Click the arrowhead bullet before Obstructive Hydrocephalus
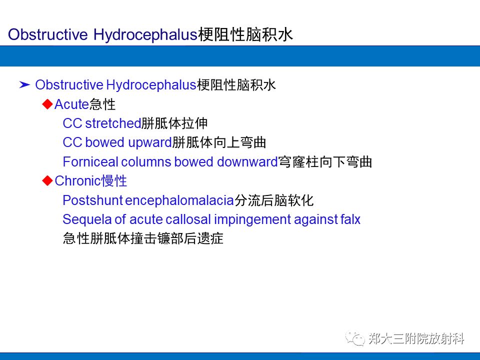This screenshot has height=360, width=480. [x=24, y=85]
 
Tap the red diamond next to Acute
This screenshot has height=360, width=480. [x=47, y=104]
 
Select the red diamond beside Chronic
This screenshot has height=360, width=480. [x=47, y=180]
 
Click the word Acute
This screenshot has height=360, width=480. [x=71, y=104]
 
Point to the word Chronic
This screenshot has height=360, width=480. [x=77, y=181]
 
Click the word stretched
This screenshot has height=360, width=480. [x=113, y=123]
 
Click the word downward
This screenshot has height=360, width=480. [x=247, y=162]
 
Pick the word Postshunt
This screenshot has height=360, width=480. [x=92, y=200]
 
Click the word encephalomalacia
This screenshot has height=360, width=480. [x=179, y=200]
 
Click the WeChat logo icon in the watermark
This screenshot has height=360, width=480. [x=356, y=339]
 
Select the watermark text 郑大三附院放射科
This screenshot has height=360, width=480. [x=416, y=339]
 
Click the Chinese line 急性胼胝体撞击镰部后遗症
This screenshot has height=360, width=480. [x=143, y=238]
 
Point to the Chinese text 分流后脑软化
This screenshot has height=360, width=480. [x=274, y=200]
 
